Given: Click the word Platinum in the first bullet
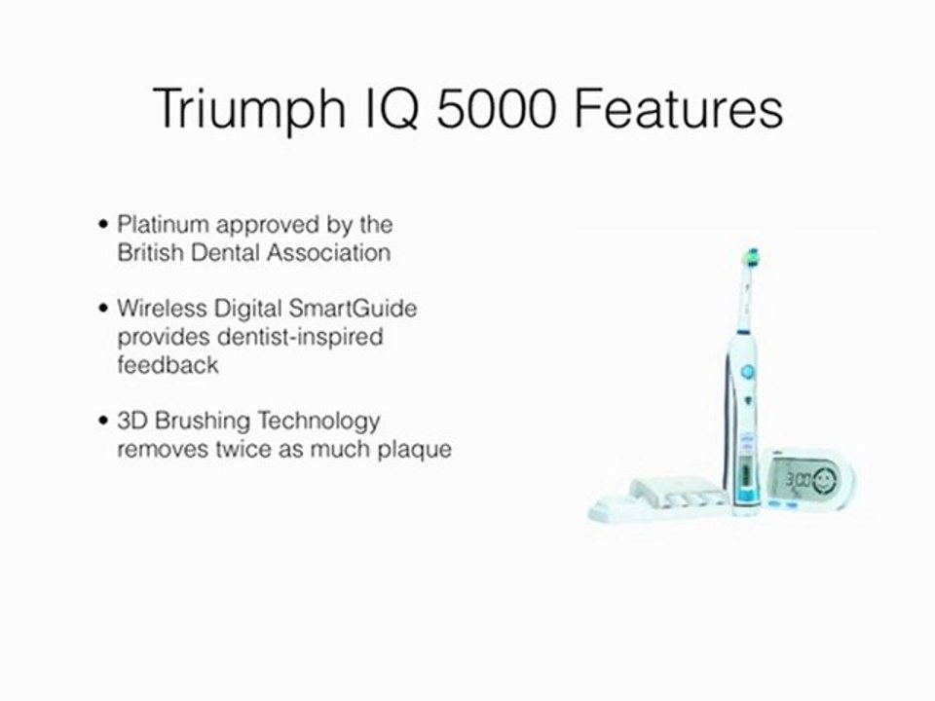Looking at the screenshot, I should pos(163,225).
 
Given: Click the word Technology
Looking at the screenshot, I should pos(318,422).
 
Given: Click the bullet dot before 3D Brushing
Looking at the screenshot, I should pos(104,422).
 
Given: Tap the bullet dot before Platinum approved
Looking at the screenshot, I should pos(104,225).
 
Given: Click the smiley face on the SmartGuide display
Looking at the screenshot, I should pos(823,479).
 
